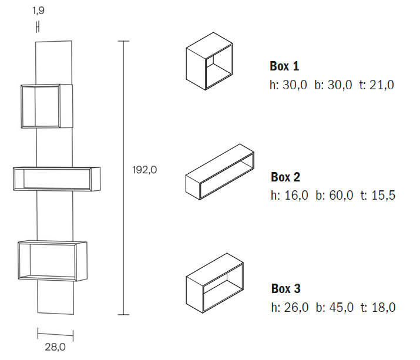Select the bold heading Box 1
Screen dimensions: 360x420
coord(284,66)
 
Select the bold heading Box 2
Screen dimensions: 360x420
coord(285,177)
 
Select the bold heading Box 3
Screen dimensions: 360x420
coord(285,288)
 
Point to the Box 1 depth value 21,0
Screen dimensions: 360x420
coord(382,85)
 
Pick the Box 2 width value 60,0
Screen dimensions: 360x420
coord(341,196)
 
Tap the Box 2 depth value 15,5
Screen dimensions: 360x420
coord(384,196)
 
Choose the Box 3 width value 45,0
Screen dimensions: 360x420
coord(341,307)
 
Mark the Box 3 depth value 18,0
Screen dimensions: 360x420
coord(384,307)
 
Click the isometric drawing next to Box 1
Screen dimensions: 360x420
coord(210,60)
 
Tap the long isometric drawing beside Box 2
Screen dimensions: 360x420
coord(220,172)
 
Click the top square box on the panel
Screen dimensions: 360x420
coord(46,106)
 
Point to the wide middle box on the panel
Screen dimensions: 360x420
coord(56,179)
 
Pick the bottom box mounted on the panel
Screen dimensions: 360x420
coord(52,261)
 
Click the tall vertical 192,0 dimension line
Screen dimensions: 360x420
coord(123,176)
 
